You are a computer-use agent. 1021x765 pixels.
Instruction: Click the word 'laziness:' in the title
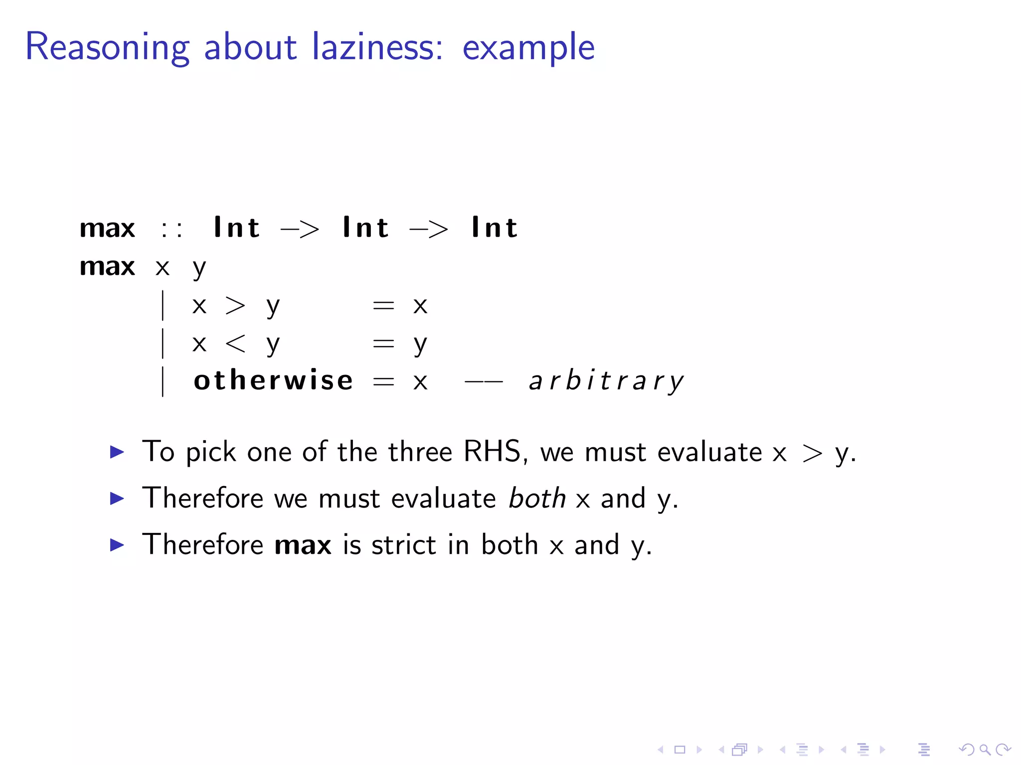coord(377,47)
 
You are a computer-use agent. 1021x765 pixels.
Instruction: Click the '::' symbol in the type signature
coord(171,229)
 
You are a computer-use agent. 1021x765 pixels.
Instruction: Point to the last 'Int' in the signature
coord(494,228)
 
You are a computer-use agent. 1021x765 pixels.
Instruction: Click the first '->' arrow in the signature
coord(300,229)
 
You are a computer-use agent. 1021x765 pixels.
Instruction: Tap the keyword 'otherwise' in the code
coord(273,381)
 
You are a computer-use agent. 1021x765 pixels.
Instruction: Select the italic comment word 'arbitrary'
coord(606,382)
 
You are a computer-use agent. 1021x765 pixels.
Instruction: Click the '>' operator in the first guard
coord(235,305)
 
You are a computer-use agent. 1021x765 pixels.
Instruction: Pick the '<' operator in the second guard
coord(235,343)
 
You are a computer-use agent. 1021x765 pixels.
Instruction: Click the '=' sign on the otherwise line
coord(383,382)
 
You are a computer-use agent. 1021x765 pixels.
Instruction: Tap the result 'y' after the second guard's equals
coord(420,344)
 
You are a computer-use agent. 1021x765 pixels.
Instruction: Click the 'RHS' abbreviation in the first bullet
coord(492,452)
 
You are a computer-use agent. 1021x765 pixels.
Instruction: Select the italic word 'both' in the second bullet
coord(536,498)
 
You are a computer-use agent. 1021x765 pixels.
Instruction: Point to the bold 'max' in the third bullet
coord(303,545)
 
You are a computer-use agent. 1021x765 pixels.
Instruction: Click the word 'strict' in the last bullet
coord(404,544)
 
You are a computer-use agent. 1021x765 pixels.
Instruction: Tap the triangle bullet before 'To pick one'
coord(117,452)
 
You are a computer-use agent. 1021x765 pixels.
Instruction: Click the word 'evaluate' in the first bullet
coord(709,452)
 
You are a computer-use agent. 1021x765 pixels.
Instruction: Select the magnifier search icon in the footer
coord(985,750)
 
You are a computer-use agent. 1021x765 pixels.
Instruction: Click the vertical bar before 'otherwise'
coord(163,382)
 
